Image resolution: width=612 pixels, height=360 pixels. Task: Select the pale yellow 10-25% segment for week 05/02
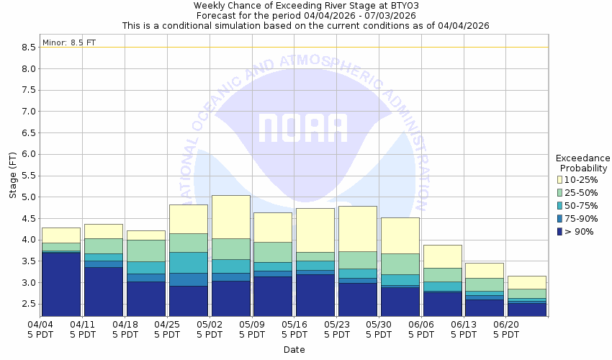pyautogui.click(x=230, y=216)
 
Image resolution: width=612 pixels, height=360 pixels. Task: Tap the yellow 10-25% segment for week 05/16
pyautogui.click(x=315, y=230)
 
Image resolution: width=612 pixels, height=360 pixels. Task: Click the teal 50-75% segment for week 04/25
pyautogui.click(x=188, y=262)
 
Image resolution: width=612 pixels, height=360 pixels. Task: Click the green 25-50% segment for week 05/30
pyautogui.click(x=400, y=264)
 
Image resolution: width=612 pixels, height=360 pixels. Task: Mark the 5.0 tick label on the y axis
pyautogui.click(x=29, y=197)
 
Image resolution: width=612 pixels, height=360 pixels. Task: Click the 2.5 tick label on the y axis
pyautogui.click(x=29, y=304)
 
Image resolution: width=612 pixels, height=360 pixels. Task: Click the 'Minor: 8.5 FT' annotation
pyautogui.click(x=69, y=42)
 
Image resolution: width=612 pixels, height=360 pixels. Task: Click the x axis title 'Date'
pyautogui.click(x=294, y=350)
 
